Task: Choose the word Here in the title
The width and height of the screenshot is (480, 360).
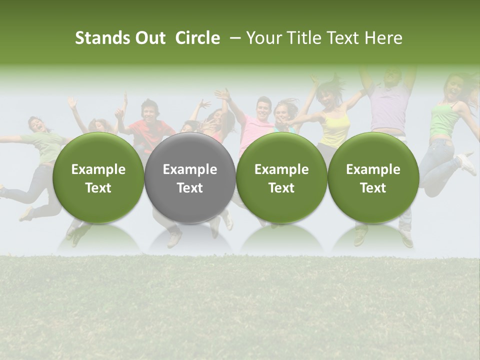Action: pos(384,38)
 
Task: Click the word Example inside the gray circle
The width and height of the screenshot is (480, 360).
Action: pos(190,169)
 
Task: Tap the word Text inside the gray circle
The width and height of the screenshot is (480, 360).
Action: pos(190,188)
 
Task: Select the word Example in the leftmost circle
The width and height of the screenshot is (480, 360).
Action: pos(98,169)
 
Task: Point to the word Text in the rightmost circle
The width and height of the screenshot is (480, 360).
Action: pos(373,188)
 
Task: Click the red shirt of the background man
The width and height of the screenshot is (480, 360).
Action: pos(150,131)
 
